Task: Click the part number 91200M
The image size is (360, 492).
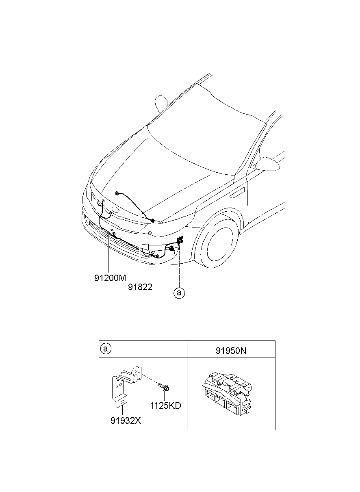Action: click(110, 278)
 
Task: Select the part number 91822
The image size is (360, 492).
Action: click(140, 287)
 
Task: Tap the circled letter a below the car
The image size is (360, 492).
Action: click(179, 293)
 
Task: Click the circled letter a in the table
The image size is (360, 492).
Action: click(105, 349)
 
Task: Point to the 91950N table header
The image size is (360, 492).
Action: click(231, 350)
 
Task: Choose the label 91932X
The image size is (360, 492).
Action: click(126, 420)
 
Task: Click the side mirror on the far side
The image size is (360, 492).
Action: click(162, 103)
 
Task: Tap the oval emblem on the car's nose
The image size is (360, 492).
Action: click(114, 210)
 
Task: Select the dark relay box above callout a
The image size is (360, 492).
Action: click(180, 241)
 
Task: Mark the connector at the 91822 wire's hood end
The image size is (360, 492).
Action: click(117, 193)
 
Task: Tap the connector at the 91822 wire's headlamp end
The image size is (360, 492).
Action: click(152, 221)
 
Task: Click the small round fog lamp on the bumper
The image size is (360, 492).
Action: click(150, 233)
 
